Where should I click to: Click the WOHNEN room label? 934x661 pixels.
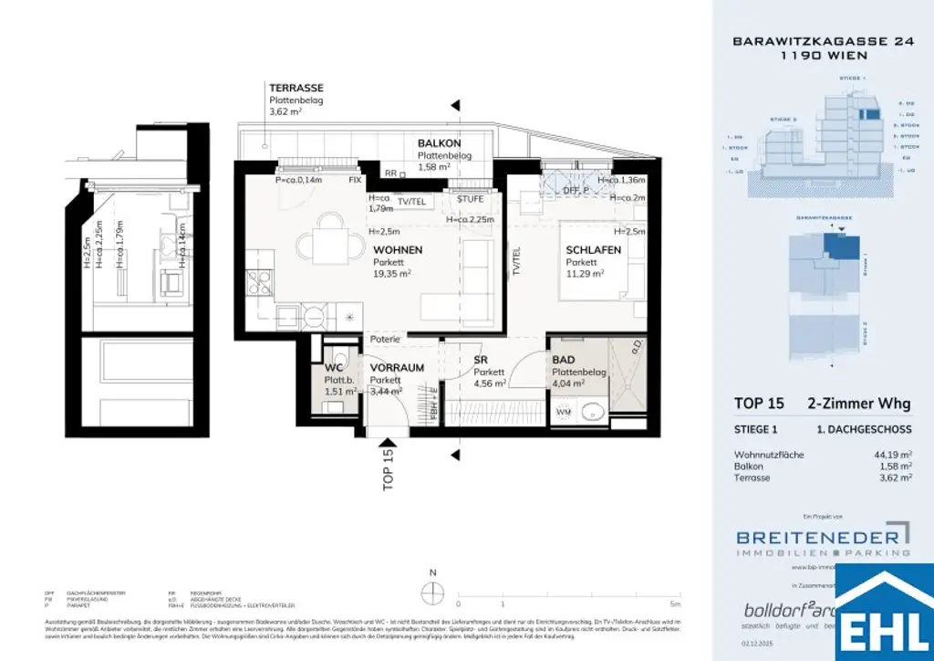(x=397, y=248)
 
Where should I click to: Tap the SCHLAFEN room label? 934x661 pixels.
(x=593, y=249)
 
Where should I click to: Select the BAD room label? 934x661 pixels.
(x=563, y=360)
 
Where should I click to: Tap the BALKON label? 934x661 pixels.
(x=439, y=143)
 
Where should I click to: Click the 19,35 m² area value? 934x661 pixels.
(x=392, y=272)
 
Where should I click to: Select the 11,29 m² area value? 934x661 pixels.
(x=585, y=273)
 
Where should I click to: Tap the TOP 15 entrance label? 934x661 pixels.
(x=388, y=469)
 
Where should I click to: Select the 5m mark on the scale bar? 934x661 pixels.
(x=674, y=603)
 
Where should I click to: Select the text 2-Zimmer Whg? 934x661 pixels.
(x=858, y=404)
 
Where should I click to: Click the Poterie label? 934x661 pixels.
(x=385, y=339)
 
